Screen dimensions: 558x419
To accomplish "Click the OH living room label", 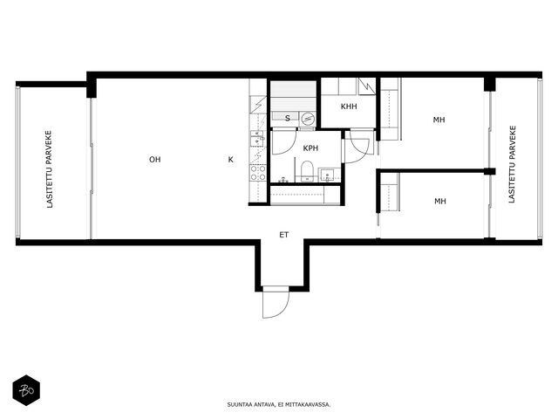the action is pyautogui.click(x=155, y=160).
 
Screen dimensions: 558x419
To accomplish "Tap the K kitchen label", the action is pyautogui.click(x=230, y=160).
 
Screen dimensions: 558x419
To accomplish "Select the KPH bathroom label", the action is pyautogui.click(x=310, y=148).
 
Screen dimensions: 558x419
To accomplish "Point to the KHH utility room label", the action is pyautogui.click(x=349, y=106).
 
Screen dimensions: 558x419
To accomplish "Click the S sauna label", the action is pyautogui.click(x=288, y=119).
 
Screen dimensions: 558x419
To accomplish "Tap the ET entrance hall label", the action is pyautogui.click(x=283, y=235).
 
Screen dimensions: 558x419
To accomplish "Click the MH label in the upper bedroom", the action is pyautogui.click(x=439, y=120).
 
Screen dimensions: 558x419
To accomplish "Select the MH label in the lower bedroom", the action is pyautogui.click(x=440, y=202).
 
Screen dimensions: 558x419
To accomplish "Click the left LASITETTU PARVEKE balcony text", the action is pyautogui.click(x=49, y=169).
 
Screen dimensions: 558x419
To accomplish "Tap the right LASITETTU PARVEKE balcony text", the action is pyautogui.click(x=512, y=164).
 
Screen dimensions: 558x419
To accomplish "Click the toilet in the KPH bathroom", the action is pyautogui.click(x=307, y=171).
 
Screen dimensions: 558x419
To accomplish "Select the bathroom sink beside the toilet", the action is pyautogui.click(x=327, y=175).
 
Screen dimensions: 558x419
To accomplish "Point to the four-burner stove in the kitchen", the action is pyautogui.click(x=258, y=173).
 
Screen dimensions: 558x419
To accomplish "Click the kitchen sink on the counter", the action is pyautogui.click(x=258, y=139).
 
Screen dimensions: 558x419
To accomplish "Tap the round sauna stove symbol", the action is pyautogui.click(x=307, y=118).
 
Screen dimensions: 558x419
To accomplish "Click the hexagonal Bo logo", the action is pyautogui.click(x=26, y=390).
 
